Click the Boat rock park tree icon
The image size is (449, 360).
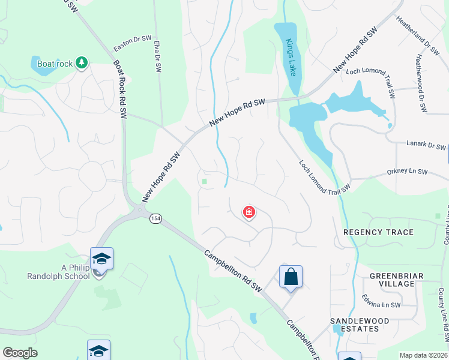pos(82,62)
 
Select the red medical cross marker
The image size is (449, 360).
pos(249,212)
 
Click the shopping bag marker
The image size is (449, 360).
pos(291,277)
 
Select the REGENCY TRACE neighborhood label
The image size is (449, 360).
pos(378,232)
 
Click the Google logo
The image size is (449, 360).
pos(20,353)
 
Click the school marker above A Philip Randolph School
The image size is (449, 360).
pos(101,259)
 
